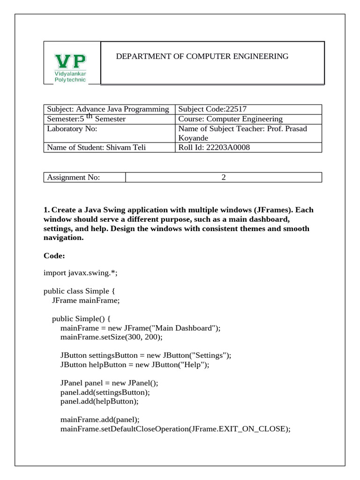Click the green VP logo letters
click(71, 61)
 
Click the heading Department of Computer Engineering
click(202, 56)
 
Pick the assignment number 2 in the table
click(224, 178)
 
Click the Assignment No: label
click(73, 178)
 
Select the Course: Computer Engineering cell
click(230, 119)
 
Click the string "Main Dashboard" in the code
click(186, 328)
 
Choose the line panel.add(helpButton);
click(99, 401)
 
